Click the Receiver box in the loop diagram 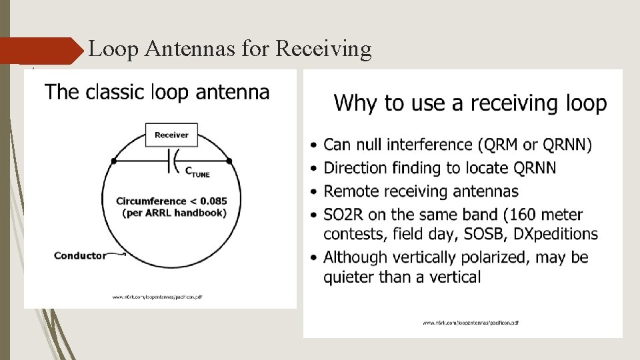(171, 135)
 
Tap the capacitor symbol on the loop (171, 160)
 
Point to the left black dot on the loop (114, 161)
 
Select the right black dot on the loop (229, 161)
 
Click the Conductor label (79, 255)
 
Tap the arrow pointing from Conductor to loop (117, 253)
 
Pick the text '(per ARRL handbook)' (174, 213)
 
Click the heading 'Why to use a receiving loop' (470, 103)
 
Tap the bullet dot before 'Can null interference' (314, 145)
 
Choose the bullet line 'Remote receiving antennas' (421, 191)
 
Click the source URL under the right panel (471, 323)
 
